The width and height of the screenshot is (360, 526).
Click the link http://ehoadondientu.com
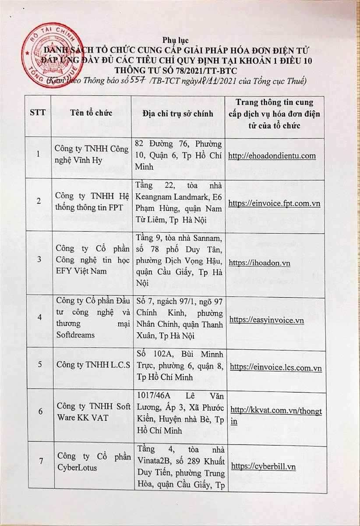click(x=272, y=156)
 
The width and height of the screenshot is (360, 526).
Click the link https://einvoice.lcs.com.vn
click(x=275, y=368)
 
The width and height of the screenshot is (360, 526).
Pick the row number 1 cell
click(x=39, y=154)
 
